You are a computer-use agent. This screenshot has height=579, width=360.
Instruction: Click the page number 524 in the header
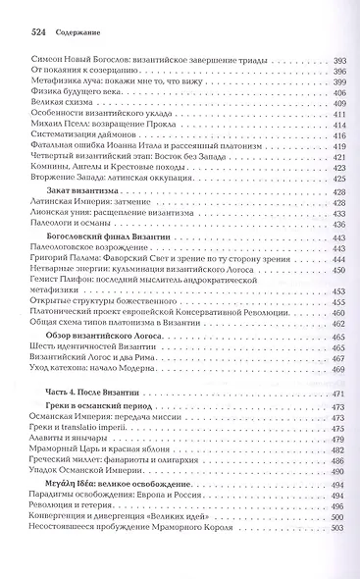[x=26, y=31]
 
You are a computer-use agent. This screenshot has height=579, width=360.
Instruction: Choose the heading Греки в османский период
[x=93, y=407]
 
